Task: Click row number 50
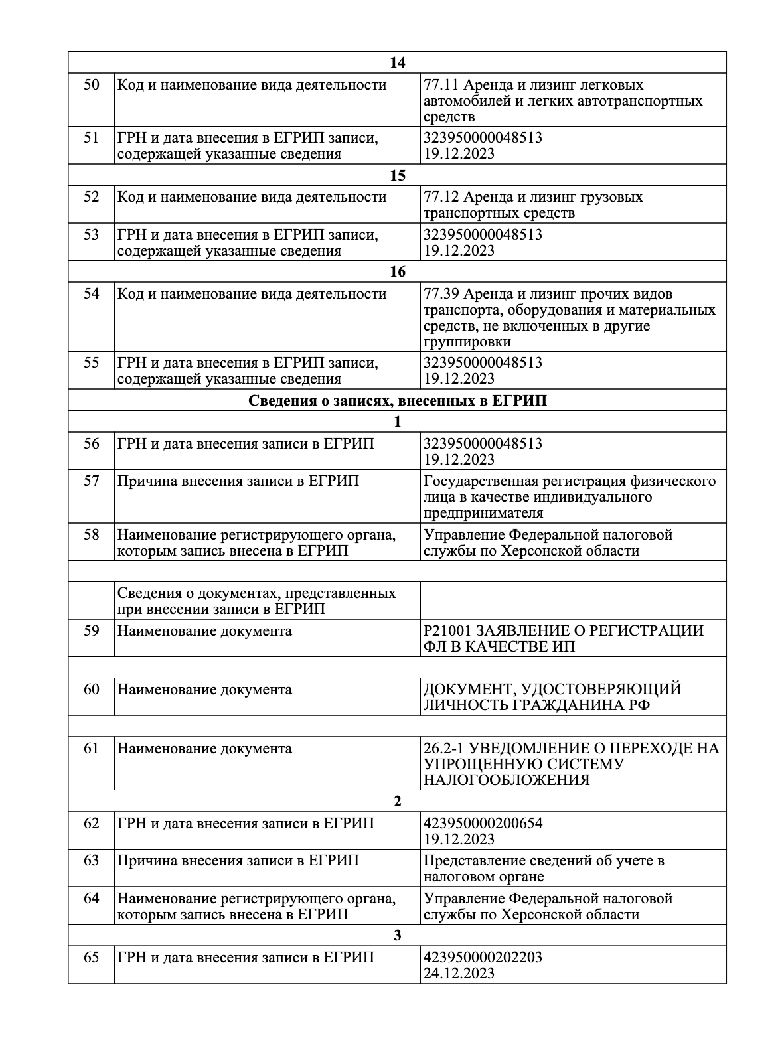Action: coord(92,86)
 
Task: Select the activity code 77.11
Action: coord(441,86)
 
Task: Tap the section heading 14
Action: coord(397,62)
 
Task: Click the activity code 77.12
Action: coord(441,197)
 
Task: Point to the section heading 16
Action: coord(397,272)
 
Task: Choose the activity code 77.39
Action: coord(441,294)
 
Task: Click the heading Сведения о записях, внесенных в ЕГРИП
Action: coord(397,401)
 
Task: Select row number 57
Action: coord(92,481)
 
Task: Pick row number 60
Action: coord(92,690)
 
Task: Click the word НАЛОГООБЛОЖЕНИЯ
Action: coord(506,780)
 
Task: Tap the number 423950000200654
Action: coord(483,824)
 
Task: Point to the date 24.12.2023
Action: coord(459,974)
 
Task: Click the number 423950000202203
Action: coord(483,958)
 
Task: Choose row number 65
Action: coord(92,958)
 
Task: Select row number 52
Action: coord(92,197)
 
